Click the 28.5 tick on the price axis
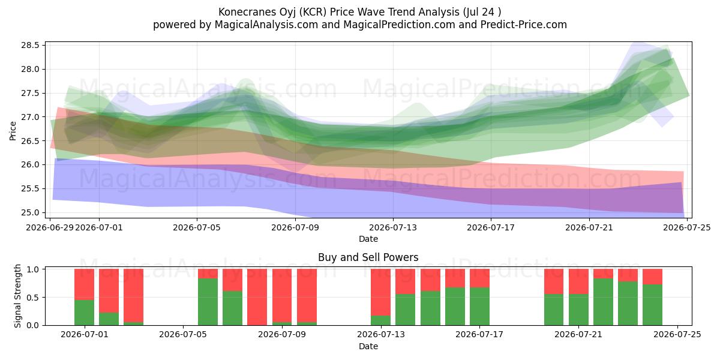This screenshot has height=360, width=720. [x=30, y=46]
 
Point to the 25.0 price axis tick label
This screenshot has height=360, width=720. [x=30, y=212]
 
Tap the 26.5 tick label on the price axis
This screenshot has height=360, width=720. [x=30, y=141]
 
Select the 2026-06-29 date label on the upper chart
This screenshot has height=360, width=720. [x=50, y=227]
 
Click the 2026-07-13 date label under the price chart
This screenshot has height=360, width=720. [x=393, y=227]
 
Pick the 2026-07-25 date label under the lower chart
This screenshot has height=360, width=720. [x=677, y=335]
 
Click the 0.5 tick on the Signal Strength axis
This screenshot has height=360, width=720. [x=34, y=298]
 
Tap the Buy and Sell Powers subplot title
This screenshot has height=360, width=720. [x=368, y=257]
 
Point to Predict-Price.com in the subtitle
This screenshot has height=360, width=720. [x=524, y=25]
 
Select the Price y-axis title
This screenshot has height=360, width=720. [x=13, y=131]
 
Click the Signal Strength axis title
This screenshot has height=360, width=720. [x=17, y=296]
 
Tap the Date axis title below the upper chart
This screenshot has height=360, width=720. [x=368, y=239]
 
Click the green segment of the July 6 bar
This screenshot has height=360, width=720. [x=208, y=302]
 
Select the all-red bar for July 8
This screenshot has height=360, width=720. [x=257, y=297]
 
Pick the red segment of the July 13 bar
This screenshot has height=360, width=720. [x=380, y=292]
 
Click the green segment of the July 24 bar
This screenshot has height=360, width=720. [x=653, y=305]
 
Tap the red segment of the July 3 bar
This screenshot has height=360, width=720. [x=133, y=296]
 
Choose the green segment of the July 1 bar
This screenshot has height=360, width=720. [x=84, y=313]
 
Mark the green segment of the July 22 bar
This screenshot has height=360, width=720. [x=603, y=302]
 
